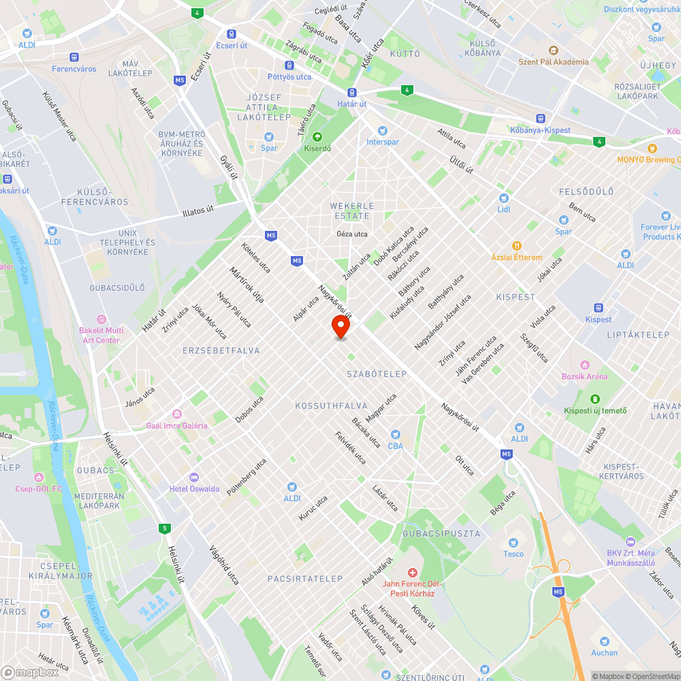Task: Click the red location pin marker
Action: tap(340, 326)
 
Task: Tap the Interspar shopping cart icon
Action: tap(382, 130)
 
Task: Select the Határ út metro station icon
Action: tap(352, 93)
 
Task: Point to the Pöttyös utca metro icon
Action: tap(289, 65)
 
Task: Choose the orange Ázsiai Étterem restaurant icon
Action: tap(517, 246)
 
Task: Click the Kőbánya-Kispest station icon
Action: tap(540, 118)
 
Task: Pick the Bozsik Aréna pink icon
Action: tap(584, 365)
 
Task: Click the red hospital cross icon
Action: tap(411, 573)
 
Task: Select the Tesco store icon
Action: tap(514, 542)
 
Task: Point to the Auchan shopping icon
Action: tap(604, 641)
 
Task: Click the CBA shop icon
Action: tap(396, 434)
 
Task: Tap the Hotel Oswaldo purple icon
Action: tap(194, 477)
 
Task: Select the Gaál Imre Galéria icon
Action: tap(176, 414)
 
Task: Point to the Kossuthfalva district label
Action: tap(332, 406)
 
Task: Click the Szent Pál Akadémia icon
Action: tap(553, 50)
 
